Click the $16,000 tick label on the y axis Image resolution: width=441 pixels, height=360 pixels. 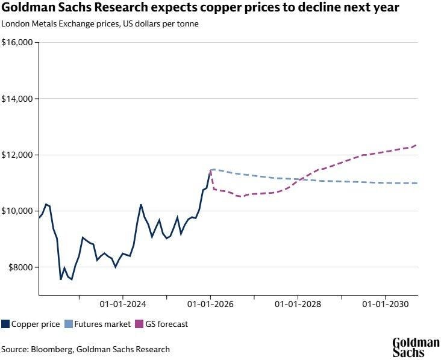tap(18, 43)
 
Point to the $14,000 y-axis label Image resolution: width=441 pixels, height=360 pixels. tap(18, 99)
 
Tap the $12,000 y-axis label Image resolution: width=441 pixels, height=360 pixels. tap(18, 155)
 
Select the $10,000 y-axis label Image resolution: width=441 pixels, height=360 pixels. tap(18, 211)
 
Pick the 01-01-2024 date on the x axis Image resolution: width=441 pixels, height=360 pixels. tap(122, 305)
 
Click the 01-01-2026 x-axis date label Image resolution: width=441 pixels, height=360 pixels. tap(210, 305)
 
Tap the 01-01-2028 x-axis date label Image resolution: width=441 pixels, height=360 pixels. tap(298, 305)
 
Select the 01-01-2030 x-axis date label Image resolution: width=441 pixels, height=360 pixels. tap(386, 305)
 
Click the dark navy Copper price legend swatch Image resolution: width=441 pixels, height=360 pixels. tap(5, 324)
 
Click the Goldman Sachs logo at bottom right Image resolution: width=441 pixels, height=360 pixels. tap(416, 348)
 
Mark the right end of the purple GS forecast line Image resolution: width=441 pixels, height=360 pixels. tap(417, 145)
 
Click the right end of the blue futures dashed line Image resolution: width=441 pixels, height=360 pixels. tap(417, 183)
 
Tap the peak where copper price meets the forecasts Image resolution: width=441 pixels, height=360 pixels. tap(210, 170)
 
